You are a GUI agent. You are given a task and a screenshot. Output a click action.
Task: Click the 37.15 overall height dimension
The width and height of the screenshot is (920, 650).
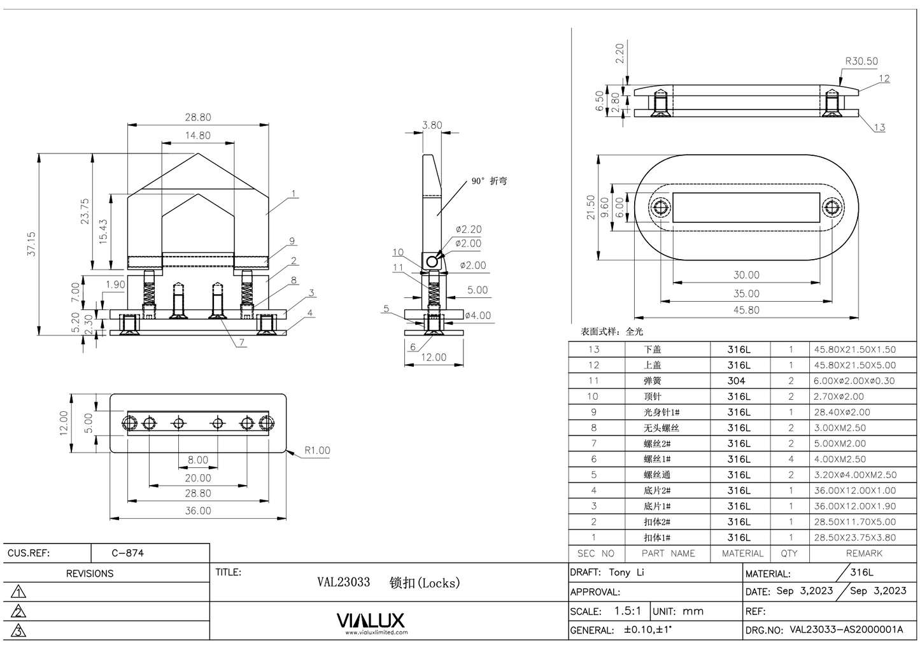tap(31, 244)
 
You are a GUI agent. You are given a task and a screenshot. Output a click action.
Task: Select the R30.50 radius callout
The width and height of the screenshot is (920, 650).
tap(861, 61)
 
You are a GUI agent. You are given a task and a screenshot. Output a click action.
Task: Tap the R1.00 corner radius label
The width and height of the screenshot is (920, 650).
tap(316, 450)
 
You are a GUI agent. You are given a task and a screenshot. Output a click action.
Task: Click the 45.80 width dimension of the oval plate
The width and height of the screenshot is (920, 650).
tap(746, 310)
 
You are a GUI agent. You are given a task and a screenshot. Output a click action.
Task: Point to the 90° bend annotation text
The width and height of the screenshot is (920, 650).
tap(489, 181)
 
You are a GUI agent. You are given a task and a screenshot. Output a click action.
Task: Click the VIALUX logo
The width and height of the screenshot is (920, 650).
tap(370, 621)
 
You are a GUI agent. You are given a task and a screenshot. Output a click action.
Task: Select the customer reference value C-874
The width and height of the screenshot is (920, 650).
tap(127, 553)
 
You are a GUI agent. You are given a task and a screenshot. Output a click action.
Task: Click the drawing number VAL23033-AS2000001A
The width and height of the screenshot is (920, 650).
tap(846, 630)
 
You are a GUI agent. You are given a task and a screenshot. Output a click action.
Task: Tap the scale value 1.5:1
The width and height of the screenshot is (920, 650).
tap(627, 611)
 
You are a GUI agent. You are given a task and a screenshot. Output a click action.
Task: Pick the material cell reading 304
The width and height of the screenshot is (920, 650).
tap(736, 381)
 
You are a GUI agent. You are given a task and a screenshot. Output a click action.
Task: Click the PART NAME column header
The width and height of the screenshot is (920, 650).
tap(668, 553)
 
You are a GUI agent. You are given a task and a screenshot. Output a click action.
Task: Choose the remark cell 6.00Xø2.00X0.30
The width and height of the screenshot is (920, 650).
tap(854, 381)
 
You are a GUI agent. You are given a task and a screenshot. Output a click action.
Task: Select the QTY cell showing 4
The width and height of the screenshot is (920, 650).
tap(791, 459)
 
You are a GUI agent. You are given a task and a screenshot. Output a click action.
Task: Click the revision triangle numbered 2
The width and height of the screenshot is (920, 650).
tap(18, 612)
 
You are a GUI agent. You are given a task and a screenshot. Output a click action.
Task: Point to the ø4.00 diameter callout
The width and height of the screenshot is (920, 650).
tap(478, 315)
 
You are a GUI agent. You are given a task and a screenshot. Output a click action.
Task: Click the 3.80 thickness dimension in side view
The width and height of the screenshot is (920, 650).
tap(432, 125)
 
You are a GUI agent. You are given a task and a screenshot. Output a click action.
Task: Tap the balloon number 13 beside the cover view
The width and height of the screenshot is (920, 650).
tap(879, 127)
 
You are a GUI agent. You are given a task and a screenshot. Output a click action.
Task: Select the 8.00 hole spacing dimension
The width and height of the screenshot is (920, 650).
tap(197, 460)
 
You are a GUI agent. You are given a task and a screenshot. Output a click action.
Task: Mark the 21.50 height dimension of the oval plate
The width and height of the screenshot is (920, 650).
tap(591, 208)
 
